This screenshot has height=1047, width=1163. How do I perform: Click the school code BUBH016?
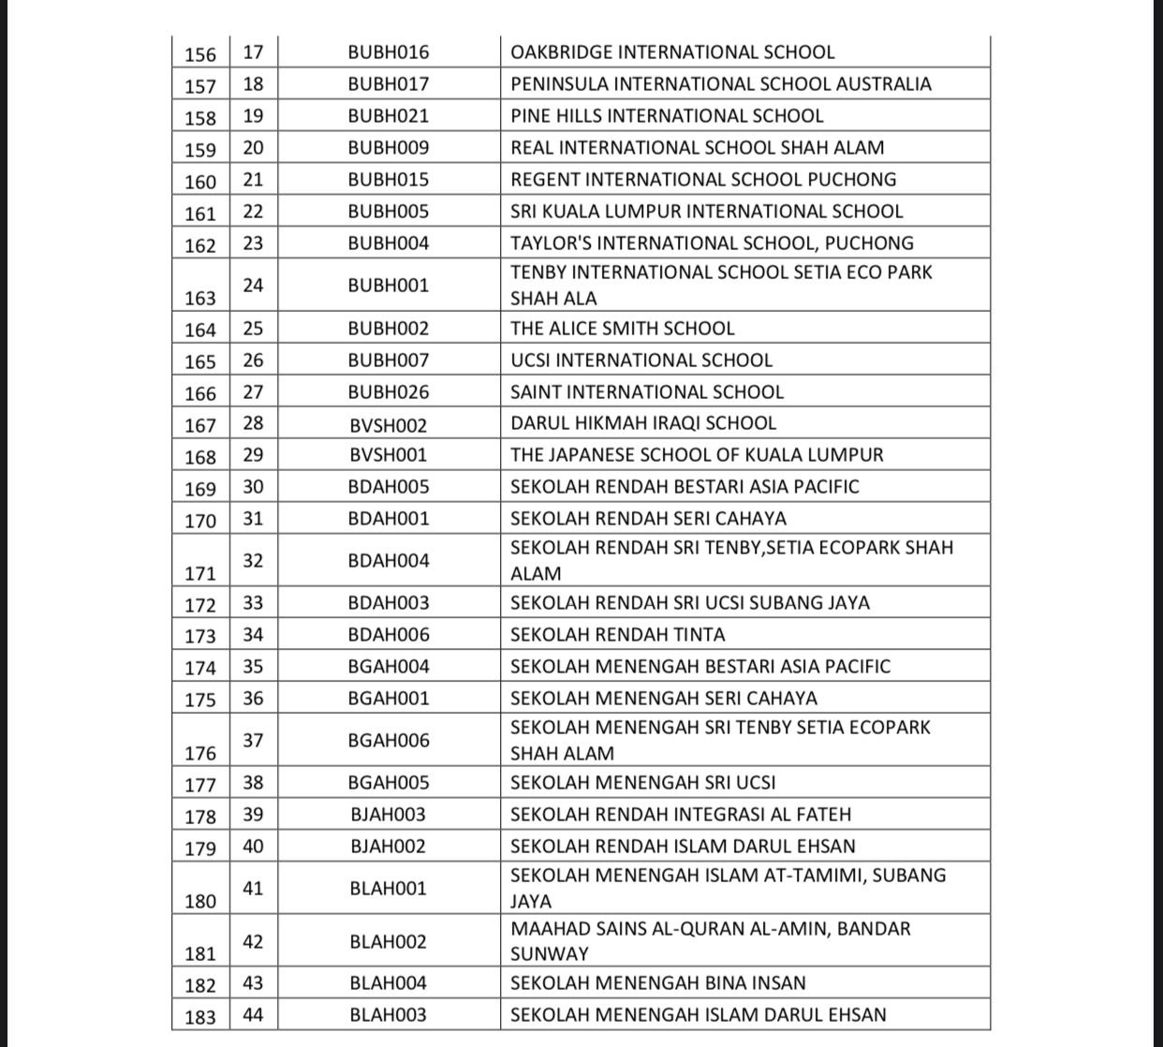point(388,52)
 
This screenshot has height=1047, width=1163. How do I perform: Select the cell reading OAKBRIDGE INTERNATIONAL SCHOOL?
point(671,52)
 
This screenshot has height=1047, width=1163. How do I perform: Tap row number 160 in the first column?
point(200,182)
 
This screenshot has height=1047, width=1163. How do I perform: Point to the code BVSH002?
point(388,424)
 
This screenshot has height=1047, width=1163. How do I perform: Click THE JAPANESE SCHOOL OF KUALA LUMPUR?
point(697,455)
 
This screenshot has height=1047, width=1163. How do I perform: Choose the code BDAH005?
point(388,487)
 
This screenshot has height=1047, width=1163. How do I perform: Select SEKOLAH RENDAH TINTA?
point(617,635)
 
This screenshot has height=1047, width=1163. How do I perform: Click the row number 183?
point(200,1017)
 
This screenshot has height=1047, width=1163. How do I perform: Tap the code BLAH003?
point(388,1015)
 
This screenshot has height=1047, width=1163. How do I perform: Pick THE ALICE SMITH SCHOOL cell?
point(622,329)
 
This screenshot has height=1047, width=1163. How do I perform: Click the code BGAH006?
point(388,741)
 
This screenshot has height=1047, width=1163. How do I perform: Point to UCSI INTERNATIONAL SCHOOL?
point(640,361)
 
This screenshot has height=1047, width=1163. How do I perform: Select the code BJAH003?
point(388,815)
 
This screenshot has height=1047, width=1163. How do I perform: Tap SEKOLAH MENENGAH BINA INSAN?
point(657,983)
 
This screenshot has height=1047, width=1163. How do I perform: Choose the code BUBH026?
point(388,392)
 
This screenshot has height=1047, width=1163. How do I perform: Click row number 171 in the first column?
point(200,573)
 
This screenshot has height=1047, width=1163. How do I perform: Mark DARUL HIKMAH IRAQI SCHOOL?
point(642,423)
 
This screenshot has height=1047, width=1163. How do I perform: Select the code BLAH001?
point(388,889)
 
